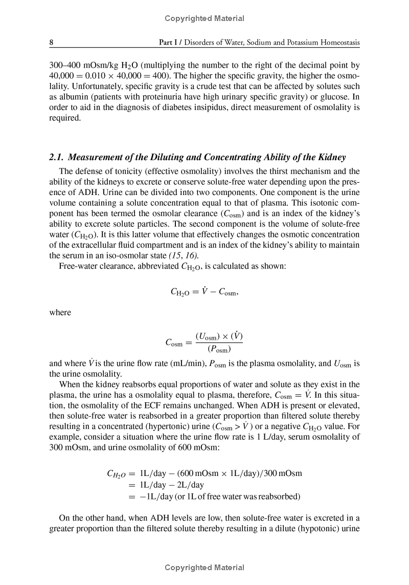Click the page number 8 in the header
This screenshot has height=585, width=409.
click(x=51, y=44)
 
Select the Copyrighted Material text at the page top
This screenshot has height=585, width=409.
click(x=204, y=18)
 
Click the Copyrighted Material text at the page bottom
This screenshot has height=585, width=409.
click(x=204, y=567)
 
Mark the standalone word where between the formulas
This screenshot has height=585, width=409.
click(x=60, y=312)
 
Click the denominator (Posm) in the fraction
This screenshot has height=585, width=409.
click(x=219, y=350)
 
